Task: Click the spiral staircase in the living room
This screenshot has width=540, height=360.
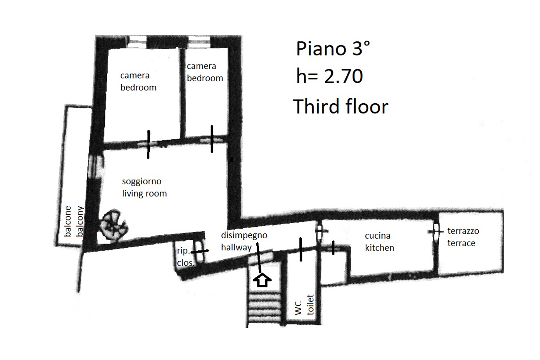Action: (x=113, y=225)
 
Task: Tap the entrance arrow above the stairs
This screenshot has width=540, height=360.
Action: (x=262, y=280)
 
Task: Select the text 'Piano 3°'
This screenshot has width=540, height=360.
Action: (x=333, y=49)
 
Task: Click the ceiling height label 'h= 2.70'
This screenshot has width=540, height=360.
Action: (x=329, y=77)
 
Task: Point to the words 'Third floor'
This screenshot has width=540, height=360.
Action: (x=341, y=107)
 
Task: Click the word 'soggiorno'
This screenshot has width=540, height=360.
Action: (x=141, y=181)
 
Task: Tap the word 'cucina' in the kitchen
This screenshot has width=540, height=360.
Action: (x=377, y=236)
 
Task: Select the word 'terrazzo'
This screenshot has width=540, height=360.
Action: (x=463, y=231)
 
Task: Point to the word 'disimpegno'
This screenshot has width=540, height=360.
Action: (x=244, y=235)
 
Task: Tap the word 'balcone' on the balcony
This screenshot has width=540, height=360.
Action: (x=68, y=221)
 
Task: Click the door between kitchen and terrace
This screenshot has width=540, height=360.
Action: (x=436, y=231)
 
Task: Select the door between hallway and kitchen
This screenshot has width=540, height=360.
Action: (x=320, y=232)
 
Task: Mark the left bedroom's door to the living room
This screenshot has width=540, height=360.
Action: (x=148, y=144)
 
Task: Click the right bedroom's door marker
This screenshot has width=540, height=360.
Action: (x=212, y=139)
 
